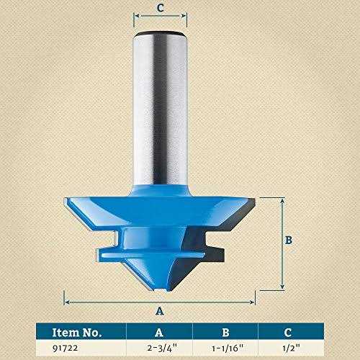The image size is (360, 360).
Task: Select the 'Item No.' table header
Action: [77, 332]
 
